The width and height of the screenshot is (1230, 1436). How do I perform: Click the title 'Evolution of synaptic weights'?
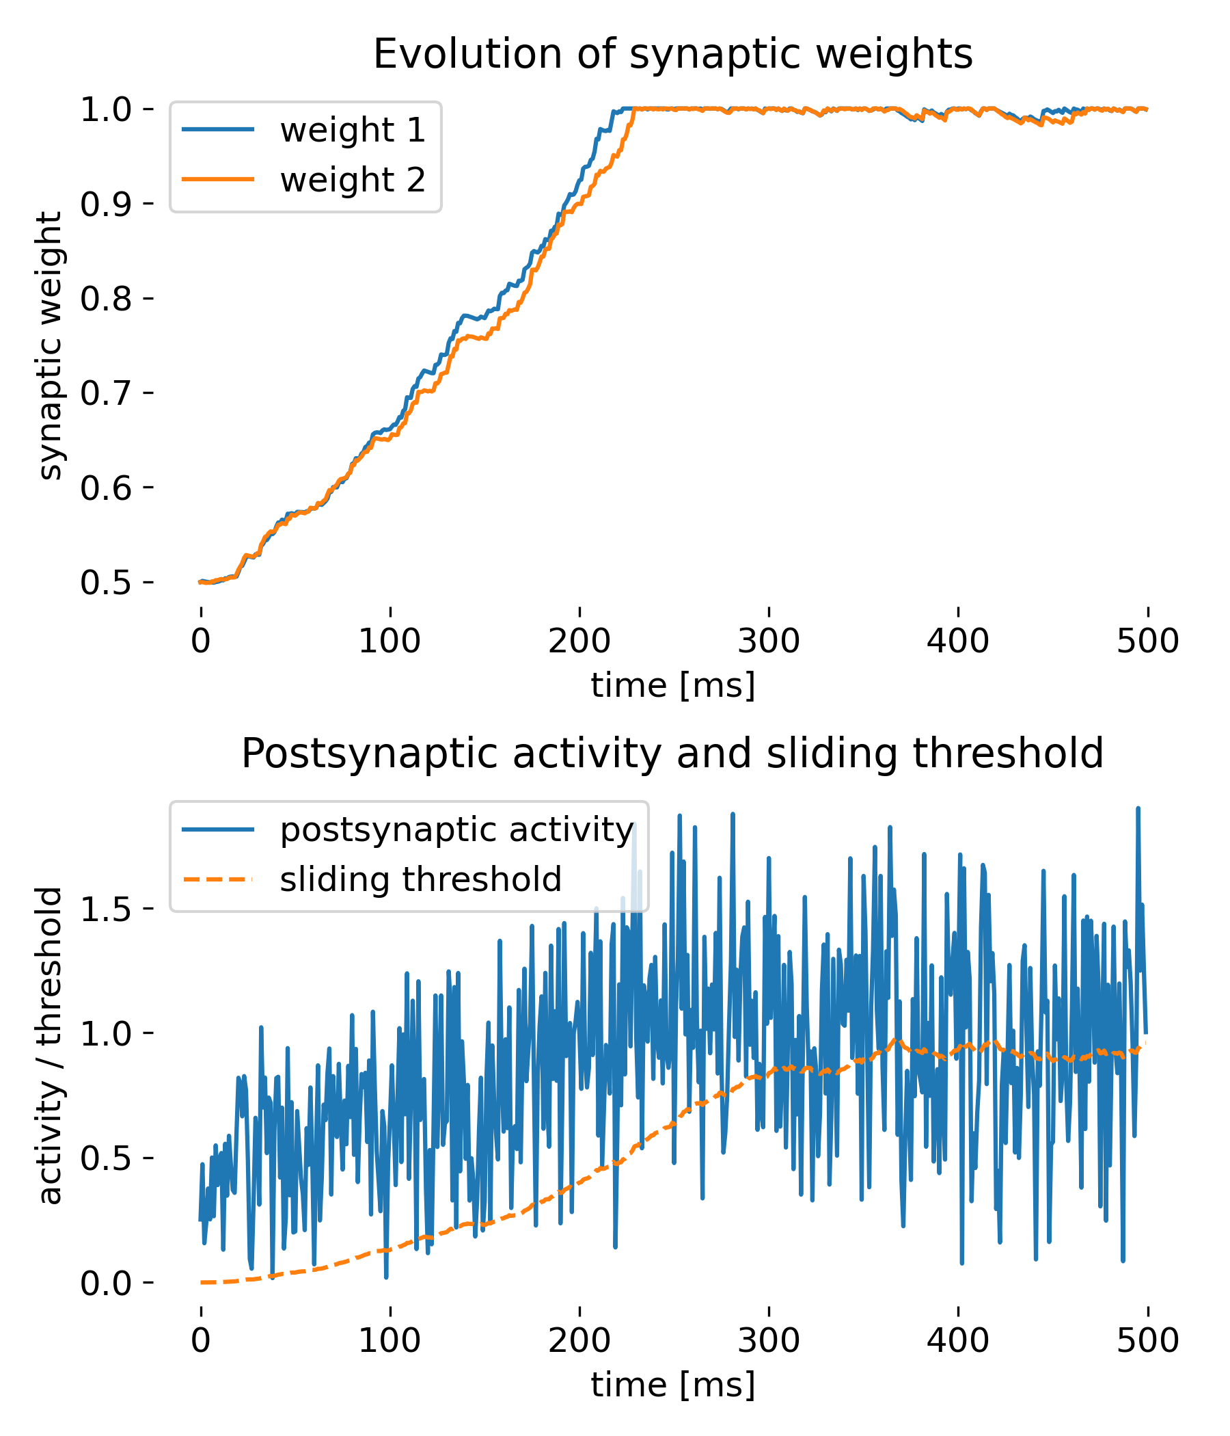point(672,54)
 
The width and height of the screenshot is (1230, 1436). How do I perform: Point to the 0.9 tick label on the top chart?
point(106,204)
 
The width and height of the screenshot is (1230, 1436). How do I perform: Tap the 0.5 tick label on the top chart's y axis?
point(106,583)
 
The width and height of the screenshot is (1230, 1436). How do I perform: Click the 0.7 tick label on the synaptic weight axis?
point(106,394)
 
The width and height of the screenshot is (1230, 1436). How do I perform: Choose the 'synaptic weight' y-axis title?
point(50,346)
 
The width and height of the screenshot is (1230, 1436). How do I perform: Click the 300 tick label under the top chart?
point(768,641)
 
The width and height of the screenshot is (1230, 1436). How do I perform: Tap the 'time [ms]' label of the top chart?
point(672,685)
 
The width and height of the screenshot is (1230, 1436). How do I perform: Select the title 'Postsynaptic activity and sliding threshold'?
point(672,754)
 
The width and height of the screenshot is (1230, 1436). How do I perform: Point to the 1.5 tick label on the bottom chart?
point(106,909)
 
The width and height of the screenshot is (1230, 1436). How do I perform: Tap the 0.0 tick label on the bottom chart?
point(106,1284)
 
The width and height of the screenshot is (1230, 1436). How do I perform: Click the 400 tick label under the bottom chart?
point(958,1341)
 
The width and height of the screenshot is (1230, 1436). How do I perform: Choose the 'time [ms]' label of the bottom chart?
point(672,1385)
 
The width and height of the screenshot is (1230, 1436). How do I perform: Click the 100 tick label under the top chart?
point(390,641)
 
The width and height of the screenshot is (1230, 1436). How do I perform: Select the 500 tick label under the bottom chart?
point(1147,1341)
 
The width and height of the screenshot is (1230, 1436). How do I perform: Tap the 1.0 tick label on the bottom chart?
point(106,1033)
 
